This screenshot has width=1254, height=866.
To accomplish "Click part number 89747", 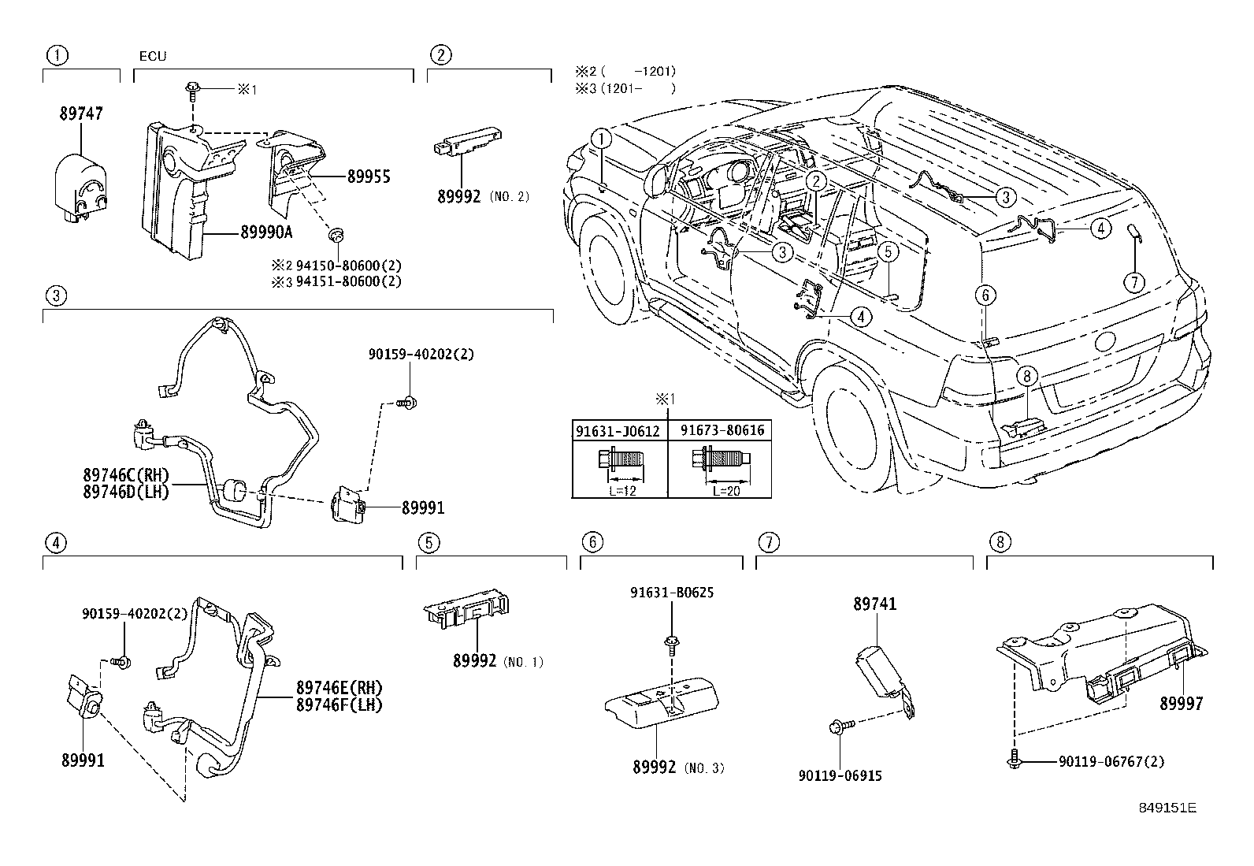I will coord(81,113).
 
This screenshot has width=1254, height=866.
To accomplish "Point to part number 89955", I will coord(369,177).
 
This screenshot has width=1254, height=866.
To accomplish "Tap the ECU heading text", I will coord(153,57).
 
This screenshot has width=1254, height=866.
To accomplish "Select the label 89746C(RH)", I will coord(125,475).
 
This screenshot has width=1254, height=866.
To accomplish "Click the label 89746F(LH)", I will coord(339,704).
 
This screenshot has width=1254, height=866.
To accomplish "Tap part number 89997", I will coord(1181,704).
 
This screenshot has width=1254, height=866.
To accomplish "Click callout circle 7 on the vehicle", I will coord(1133,282).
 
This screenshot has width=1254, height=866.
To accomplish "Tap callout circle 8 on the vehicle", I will coord(1027,376).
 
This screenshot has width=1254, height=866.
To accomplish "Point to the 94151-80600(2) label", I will coord(348,281).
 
